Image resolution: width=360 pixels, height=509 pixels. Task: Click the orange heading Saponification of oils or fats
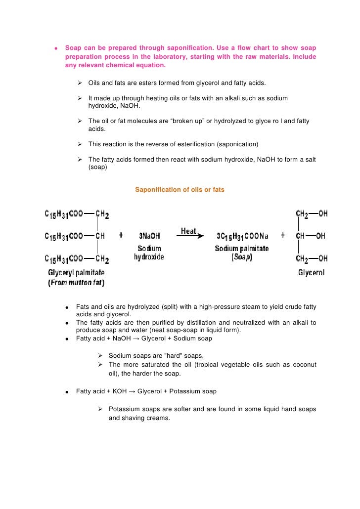[x=180, y=189]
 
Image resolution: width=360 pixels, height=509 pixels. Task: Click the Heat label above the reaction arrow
[x=188, y=231]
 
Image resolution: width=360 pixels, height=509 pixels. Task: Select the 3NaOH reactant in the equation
[x=149, y=236]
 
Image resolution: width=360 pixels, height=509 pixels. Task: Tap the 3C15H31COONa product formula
[x=242, y=236]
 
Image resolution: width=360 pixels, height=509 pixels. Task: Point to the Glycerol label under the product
[x=311, y=273]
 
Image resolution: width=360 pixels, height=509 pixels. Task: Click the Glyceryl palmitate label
[x=76, y=272]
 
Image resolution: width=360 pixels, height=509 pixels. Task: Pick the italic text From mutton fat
[x=76, y=283]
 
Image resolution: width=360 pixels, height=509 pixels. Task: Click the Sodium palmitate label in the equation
[x=241, y=248]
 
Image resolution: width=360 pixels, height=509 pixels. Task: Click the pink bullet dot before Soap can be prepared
[x=56, y=48]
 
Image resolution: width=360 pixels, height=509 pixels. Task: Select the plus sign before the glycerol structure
[x=283, y=236]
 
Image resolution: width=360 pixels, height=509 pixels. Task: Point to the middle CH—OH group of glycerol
[x=311, y=236]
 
